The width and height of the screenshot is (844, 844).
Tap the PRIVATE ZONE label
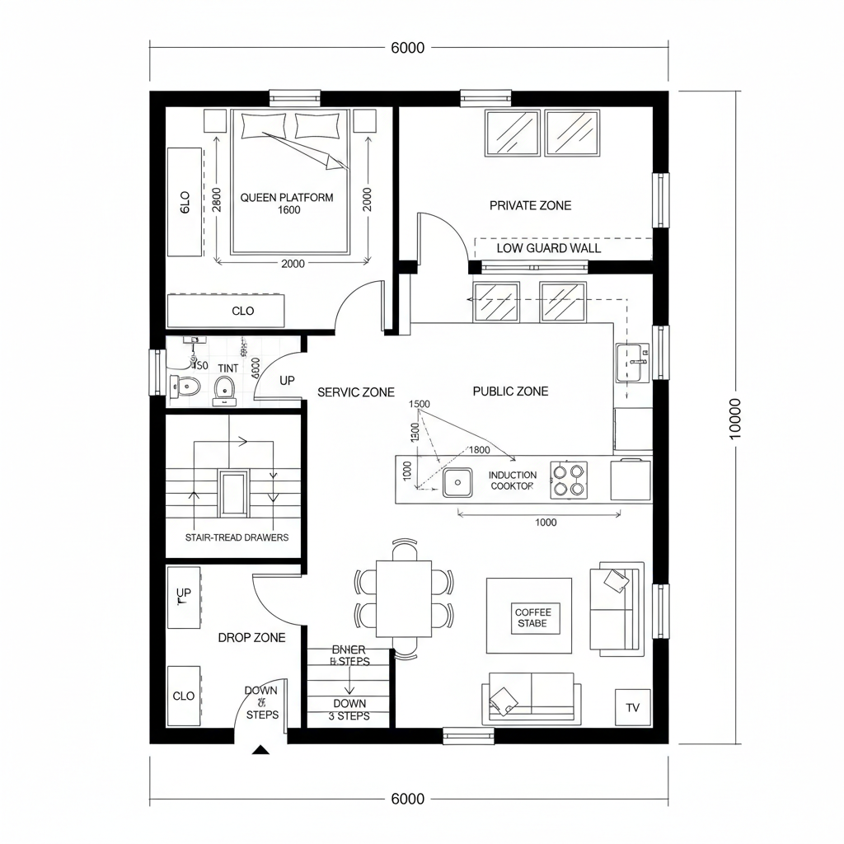pyautogui.click(x=530, y=205)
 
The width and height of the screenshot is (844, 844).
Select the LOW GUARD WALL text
pyautogui.click(x=549, y=248)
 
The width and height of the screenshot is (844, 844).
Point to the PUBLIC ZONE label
pyautogui.click(x=510, y=392)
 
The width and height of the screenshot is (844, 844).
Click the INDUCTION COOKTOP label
pyautogui.click(x=513, y=481)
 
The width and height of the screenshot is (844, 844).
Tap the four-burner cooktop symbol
pyautogui.click(x=570, y=480)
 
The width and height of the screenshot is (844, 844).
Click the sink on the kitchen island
pyautogui.click(x=457, y=482)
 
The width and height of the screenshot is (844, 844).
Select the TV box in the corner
pyautogui.click(x=632, y=707)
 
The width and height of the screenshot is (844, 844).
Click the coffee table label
pyautogui.click(x=532, y=618)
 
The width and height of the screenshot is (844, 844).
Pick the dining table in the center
pyautogui.click(x=404, y=598)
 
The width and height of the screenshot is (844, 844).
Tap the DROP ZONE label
pyautogui.click(x=251, y=637)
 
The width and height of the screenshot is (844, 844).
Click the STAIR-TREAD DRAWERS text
pyautogui.click(x=237, y=537)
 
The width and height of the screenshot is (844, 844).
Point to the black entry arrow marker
pyautogui.click(x=261, y=750)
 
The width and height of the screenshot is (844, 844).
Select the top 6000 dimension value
pyautogui.click(x=407, y=48)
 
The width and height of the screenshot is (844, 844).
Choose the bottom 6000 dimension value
pyautogui.click(x=407, y=799)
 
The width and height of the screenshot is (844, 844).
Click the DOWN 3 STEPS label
pyautogui.click(x=350, y=710)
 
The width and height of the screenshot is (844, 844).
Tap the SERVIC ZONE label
pyautogui.click(x=355, y=392)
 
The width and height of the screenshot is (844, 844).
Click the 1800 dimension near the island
pyautogui.click(x=479, y=450)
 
